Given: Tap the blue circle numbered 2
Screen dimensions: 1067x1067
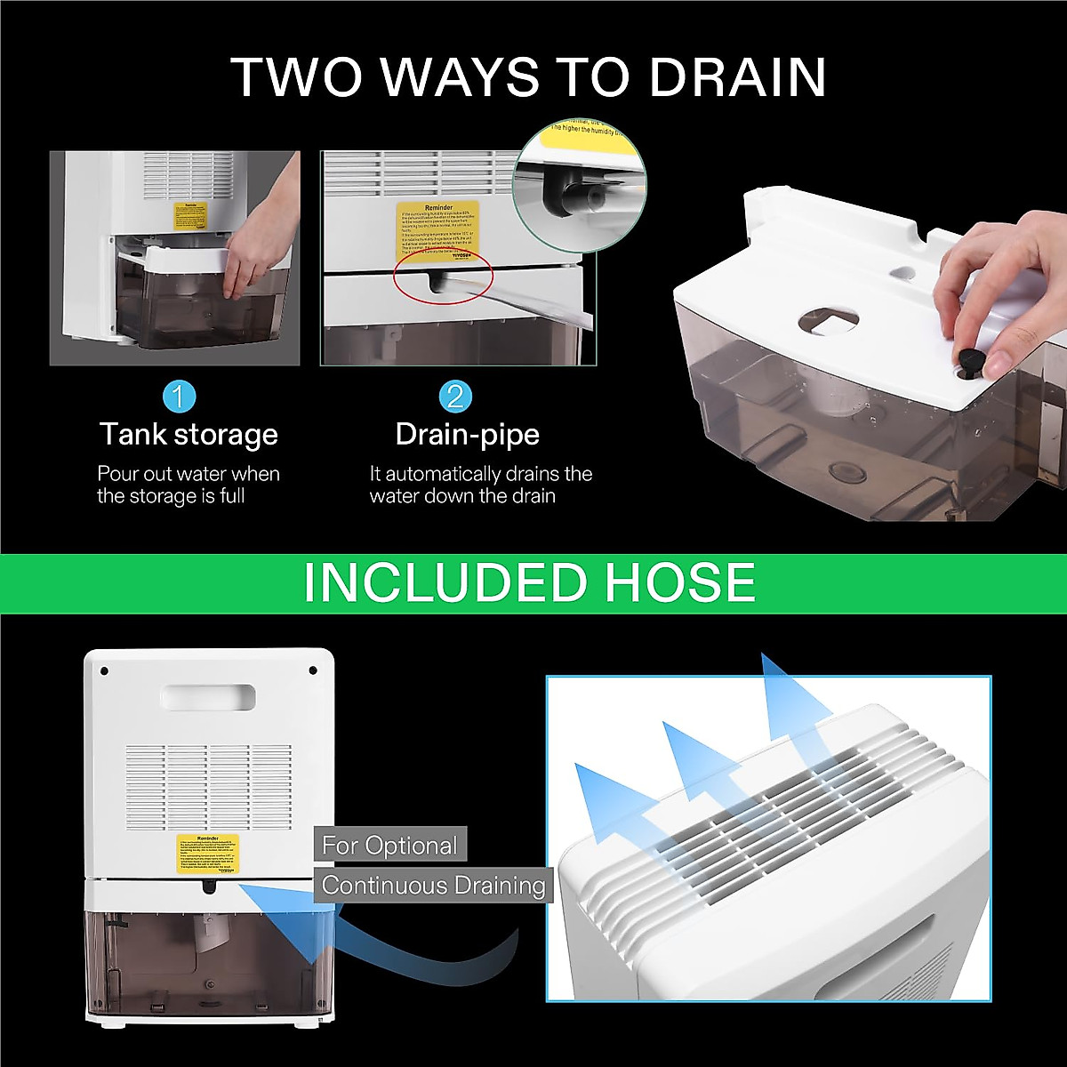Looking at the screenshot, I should pyautogui.click(x=454, y=396).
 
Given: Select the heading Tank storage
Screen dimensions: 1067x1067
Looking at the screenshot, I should pyautogui.click(x=189, y=435).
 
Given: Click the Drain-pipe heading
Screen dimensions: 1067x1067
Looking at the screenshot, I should pyautogui.click(x=467, y=435).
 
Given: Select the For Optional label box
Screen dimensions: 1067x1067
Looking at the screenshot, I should pyautogui.click(x=389, y=845).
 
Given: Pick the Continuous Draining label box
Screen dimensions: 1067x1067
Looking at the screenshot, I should pyautogui.click(x=433, y=886).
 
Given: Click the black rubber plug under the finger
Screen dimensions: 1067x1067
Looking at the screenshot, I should pyautogui.click(x=970, y=359).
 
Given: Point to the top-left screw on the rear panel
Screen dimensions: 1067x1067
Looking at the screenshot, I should pyautogui.click(x=104, y=670).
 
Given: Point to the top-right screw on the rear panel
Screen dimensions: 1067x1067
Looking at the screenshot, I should pyautogui.click(x=313, y=670).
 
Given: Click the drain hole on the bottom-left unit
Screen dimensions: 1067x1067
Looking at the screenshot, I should pyautogui.click(x=208, y=886).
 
